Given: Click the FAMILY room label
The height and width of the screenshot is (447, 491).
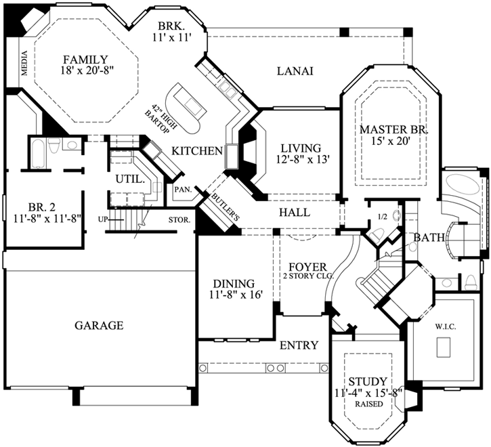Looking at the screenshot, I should pyautogui.click(x=85, y=58).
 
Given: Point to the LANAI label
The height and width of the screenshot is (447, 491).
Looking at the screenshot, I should pyautogui.click(x=295, y=72).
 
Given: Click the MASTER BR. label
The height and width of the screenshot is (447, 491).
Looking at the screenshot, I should pyautogui.click(x=386, y=129).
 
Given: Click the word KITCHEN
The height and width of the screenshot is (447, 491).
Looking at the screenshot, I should pyautogui.click(x=197, y=150).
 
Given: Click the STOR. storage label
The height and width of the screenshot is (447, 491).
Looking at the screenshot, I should pyautogui.click(x=182, y=219).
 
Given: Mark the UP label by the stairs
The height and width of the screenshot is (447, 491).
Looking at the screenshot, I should pyautogui.click(x=102, y=219).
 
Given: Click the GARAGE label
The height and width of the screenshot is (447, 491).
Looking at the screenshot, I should pyautogui.click(x=99, y=325).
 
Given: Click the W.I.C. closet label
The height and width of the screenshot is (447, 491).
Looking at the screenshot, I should pyautogui.click(x=444, y=326).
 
